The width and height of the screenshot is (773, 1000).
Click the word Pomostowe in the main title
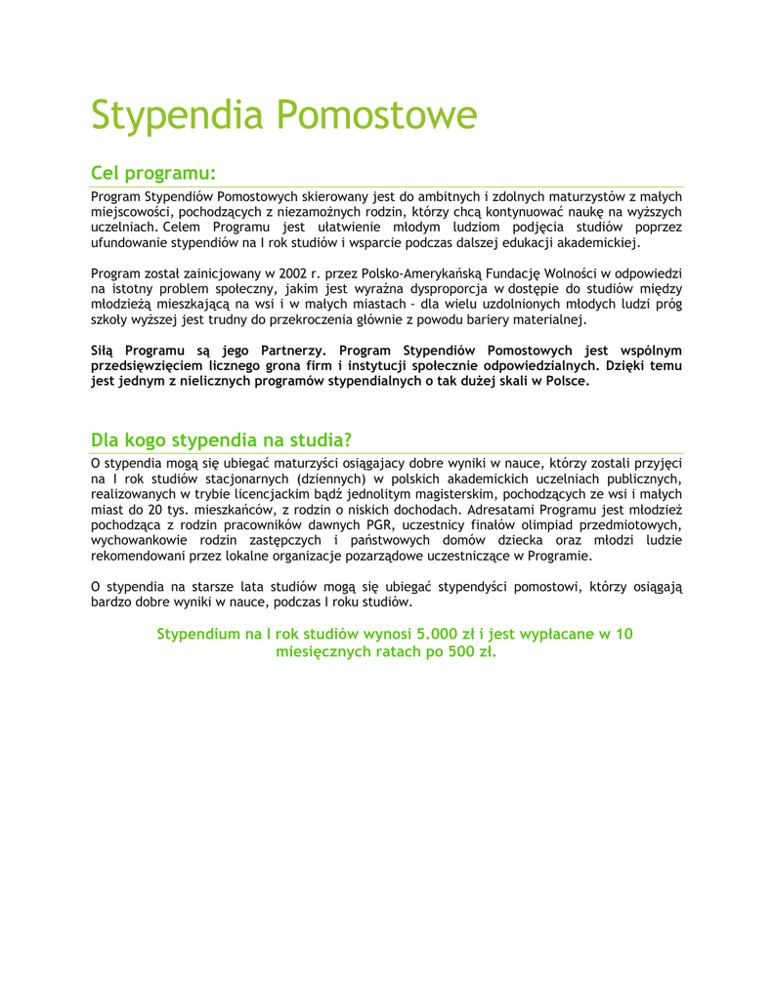click(x=375, y=115)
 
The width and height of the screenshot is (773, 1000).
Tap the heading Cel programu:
click(x=152, y=173)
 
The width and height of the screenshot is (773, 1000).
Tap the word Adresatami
click(x=504, y=510)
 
